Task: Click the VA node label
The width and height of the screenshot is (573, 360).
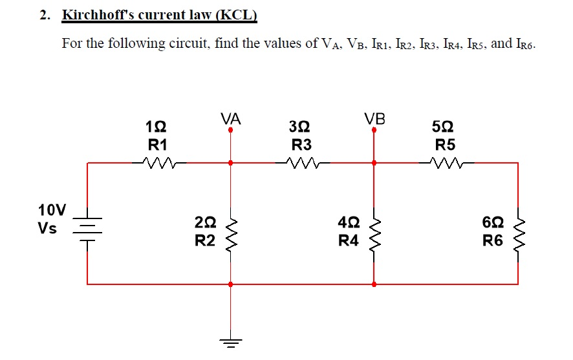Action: tap(230, 119)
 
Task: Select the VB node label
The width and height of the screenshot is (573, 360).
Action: tap(374, 119)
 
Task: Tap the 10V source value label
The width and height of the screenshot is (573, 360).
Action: tap(52, 210)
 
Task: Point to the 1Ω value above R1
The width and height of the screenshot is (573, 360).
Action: tap(157, 125)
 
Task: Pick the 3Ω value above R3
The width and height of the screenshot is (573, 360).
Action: tap(301, 125)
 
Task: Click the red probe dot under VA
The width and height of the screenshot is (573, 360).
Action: tap(230, 130)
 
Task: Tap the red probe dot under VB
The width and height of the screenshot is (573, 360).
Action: tap(374, 130)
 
